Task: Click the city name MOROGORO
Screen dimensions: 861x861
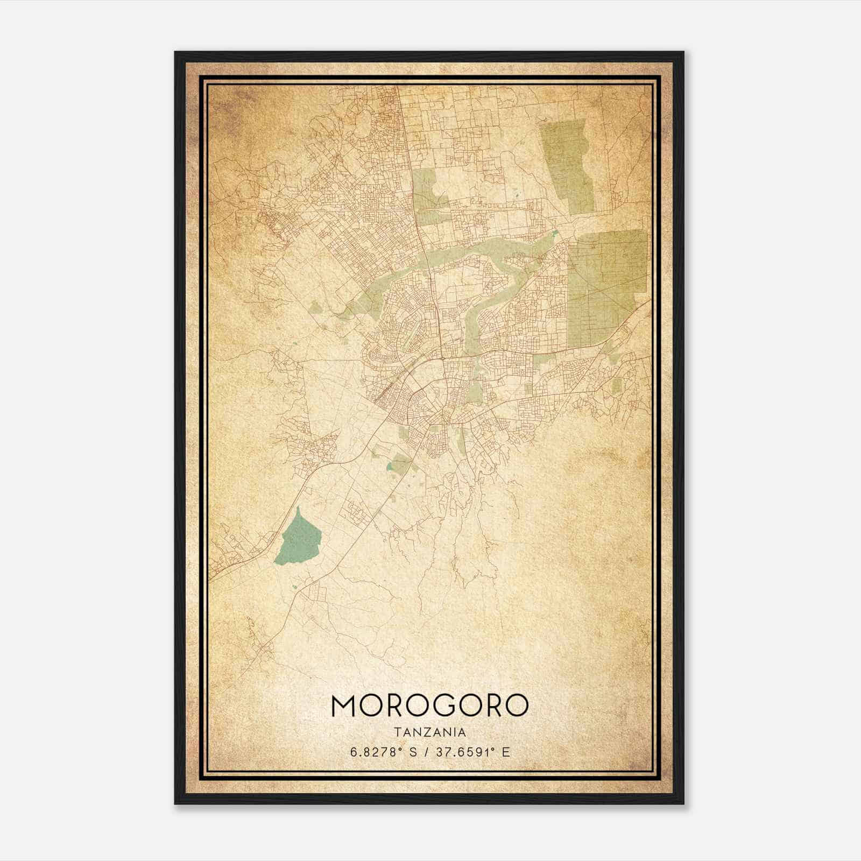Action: click(x=430, y=705)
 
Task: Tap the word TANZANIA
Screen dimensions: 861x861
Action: click(x=430, y=732)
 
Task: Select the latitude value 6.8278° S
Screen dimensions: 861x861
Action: click(x=384, y=752)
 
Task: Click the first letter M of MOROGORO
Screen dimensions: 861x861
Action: click(x=344, y=705)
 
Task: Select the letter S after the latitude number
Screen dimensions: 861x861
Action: click(x=412, y=752)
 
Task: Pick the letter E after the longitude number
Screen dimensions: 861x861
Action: click(x=505, y=752)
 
